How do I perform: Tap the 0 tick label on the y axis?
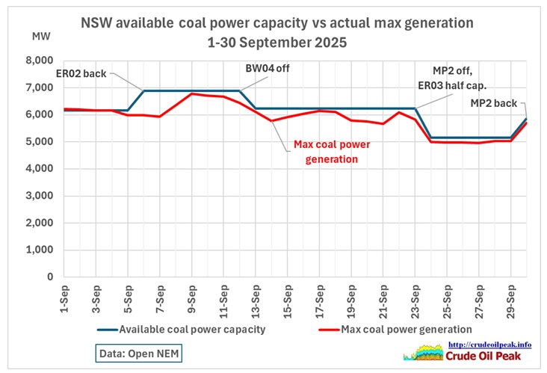(49, 277)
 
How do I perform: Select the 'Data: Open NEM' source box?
(140, 353)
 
